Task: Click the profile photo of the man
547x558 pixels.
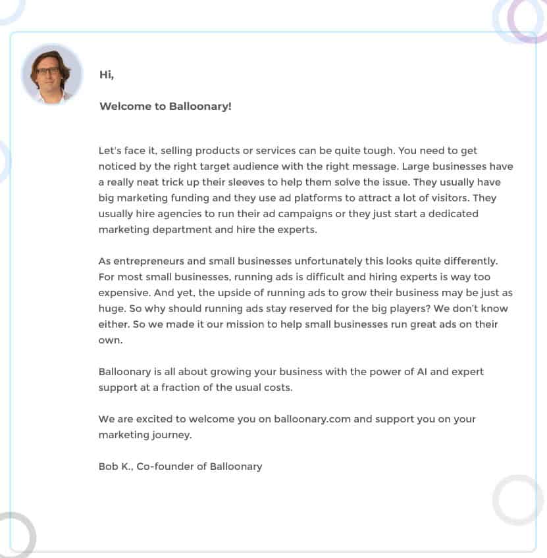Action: pos(52,74)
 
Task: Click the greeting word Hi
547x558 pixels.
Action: pos(106,74)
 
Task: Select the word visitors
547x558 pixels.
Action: pos(448,198)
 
